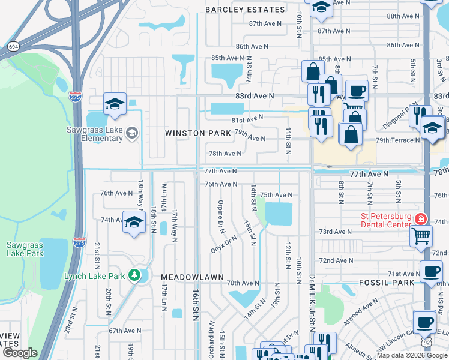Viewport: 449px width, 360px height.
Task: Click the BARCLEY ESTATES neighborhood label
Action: (245, 10)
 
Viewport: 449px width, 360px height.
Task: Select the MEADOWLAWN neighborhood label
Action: (192, 277)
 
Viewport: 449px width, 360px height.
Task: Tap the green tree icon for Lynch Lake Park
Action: (136, 276)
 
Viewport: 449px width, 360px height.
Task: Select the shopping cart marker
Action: (421, 235)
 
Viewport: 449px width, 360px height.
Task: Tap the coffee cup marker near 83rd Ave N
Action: (357, 91)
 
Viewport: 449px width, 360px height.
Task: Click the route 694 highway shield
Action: (13, 46)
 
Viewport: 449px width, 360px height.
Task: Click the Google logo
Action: (20, 353)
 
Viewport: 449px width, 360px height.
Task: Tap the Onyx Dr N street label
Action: (223, 244)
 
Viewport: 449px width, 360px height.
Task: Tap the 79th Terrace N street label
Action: (398, 140)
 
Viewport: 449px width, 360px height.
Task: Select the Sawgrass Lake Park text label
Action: (25, 249)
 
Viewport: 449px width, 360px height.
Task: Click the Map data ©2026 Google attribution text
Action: (412, 355)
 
